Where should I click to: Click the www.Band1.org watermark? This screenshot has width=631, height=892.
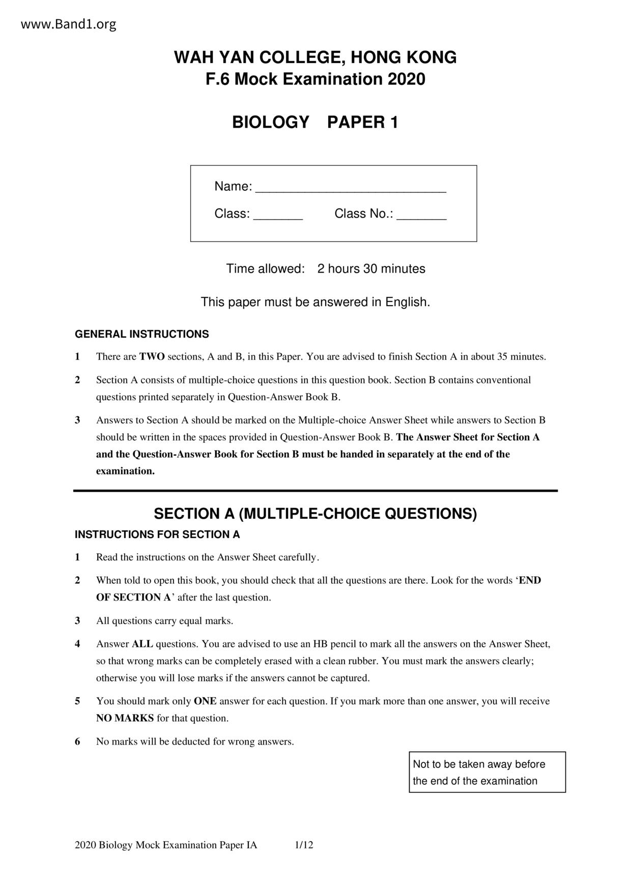click(69, 24)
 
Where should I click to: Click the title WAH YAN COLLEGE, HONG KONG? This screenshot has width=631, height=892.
click(315, 57)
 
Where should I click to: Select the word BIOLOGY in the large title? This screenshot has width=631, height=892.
click(271, 123)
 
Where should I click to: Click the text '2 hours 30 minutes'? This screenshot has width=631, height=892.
click(371, 269)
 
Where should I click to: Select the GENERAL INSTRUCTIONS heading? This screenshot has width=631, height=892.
click(141, 334)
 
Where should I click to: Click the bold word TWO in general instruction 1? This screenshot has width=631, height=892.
click(152, 356)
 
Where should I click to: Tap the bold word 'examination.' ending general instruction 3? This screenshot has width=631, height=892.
click(125, 471)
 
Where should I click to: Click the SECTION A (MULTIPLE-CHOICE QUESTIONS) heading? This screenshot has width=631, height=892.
click(315, 514)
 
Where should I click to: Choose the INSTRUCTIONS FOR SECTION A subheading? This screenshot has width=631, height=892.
click(157, 534)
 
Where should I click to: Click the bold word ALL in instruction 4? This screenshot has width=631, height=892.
click(142, 644)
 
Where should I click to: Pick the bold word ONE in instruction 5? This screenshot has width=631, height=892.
click(205, 701)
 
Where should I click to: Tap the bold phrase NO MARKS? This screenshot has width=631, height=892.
click(125, 718)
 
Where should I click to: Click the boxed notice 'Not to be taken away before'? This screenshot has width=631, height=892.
click(479, 764)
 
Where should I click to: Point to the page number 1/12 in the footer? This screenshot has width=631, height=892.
click(304, 845)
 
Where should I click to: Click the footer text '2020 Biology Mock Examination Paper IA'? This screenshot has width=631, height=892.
click(166, 845)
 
